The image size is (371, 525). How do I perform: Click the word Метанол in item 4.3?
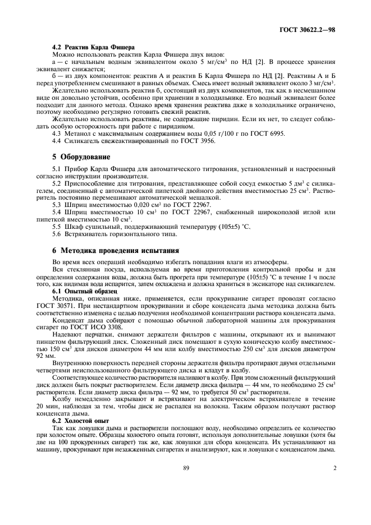pyautogui.click(x=75, y=133)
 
